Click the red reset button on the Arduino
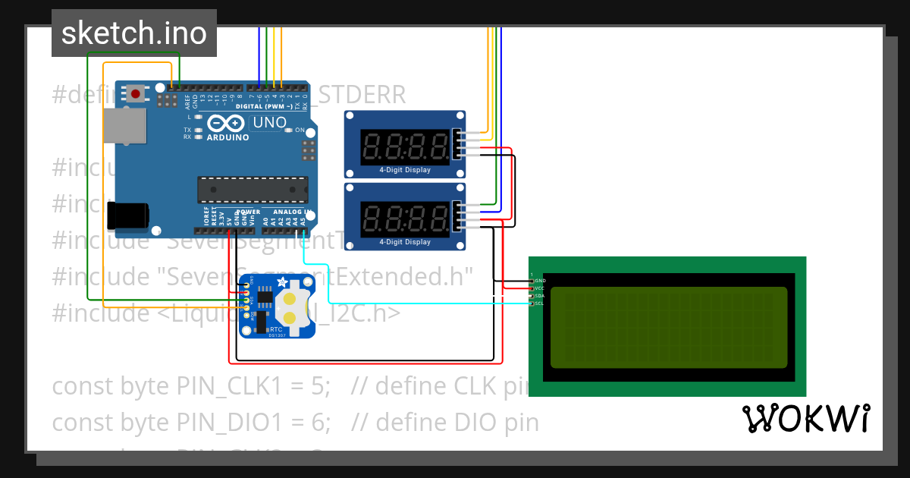click(x=136, y=93)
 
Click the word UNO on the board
click(x=269, y=122)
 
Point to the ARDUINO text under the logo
click(x=227, y=137)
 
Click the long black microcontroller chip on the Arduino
click(x=253, y=190)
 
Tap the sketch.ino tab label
click(x=133, y=33)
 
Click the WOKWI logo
click(x=805, y=419)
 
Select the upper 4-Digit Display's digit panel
click(x=404, y=145)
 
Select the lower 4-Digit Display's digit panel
click(x=404, y=218)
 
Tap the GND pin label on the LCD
click(x=540, y=281)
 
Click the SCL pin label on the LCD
click(x=539, y=303)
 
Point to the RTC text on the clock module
click(x=276, y=329)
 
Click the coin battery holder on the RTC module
click(x=290, y=307)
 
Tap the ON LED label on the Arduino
click(x=299, y=131)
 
